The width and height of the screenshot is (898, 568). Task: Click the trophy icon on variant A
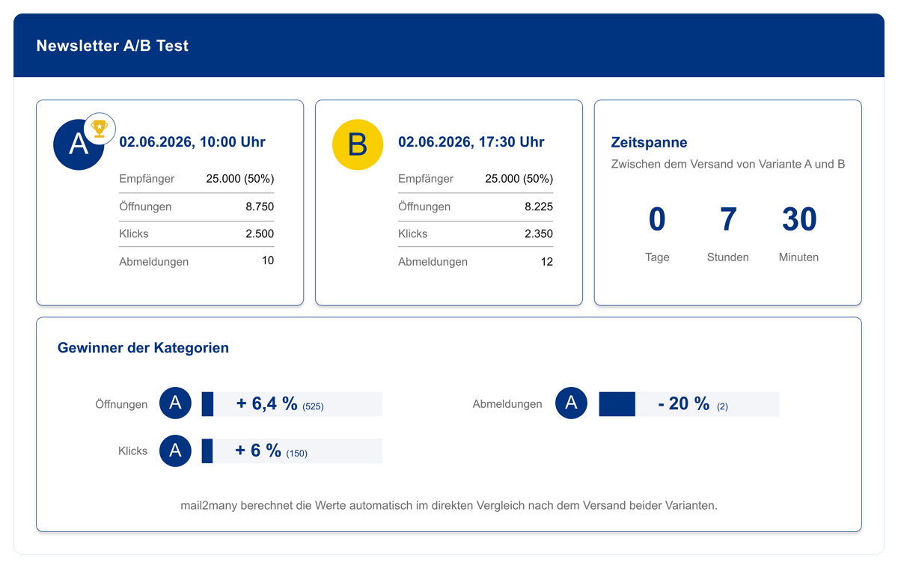pyautogui.click(x=100, y=128)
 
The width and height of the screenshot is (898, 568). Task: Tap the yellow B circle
pyautogui.click(x=358, y=144)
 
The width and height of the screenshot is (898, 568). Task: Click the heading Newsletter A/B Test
pyautogui.click(x=112, y=46)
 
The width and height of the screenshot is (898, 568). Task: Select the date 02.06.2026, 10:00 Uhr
pyautogui.click(x=192, y=142)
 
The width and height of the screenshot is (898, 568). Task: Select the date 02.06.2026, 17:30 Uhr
pyautogui.click(x=471, y=142)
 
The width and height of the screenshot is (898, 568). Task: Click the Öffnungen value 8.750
pyautogui.click(x=260, y=207)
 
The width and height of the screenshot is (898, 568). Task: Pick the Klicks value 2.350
pyautogui.click(x=538, y=233)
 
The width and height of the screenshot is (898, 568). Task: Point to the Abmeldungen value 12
pyautogui.click(x=547, y=262)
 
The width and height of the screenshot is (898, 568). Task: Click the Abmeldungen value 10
pyautogui.click(x=268, y=260)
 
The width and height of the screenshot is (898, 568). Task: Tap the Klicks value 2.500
pyautogui.click(x=260, y=233)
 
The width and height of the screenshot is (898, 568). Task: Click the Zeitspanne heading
pyautogui.click(x=649, y=142)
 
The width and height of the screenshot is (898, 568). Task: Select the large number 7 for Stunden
pyautogui.click(x=728, y=219)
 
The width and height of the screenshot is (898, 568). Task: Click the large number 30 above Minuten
pyautogui.click(x=799, y=219)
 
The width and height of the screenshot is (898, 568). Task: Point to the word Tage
pyautogui.click(x=657, y=257)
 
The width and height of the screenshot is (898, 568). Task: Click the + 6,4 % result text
pyautogui.click(x=266, y=403)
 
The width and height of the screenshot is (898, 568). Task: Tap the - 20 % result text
pyautogui.click(x=683, y=403)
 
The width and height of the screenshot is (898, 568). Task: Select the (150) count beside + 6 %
pyautogui.click(x=296, y=454)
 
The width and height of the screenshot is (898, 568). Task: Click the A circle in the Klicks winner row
pyautogui.click(x=175, y=451)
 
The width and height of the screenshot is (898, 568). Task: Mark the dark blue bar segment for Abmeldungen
pyautogui.click(x=617, y=404)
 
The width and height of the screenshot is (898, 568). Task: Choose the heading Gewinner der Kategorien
pyautogui.click(x=143, y=347)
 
